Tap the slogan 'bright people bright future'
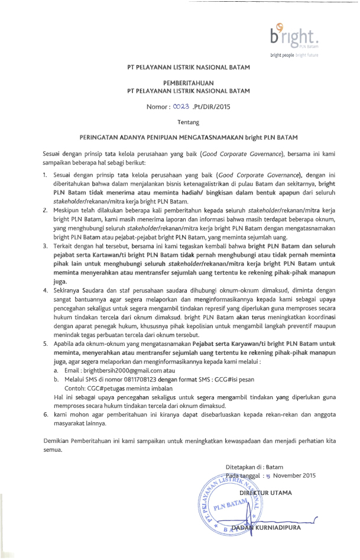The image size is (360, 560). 294,55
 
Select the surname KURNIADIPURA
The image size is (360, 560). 274,527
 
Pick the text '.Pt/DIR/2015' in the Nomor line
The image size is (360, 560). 212,107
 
